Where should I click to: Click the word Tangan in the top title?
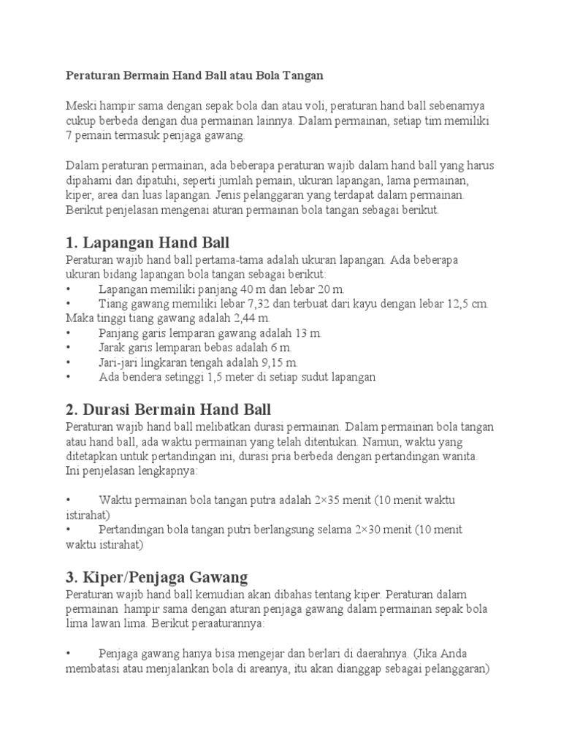click(303, 75)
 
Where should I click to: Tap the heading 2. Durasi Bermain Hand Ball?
click(168, 409)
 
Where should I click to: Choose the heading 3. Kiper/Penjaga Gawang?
click(156, 576)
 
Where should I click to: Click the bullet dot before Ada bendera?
click(67, 378)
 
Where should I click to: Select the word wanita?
click(458, 457)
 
